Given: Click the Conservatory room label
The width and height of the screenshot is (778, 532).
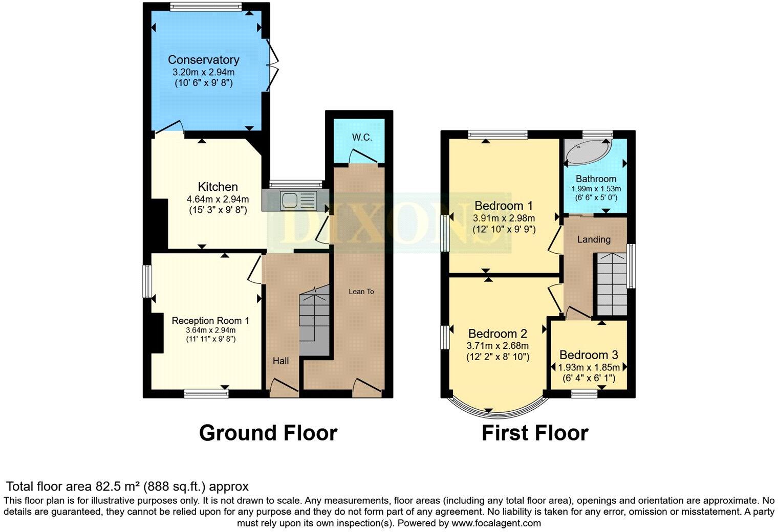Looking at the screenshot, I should [x=203, y=60].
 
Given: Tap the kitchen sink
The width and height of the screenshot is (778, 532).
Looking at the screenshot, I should [x=290, y=200].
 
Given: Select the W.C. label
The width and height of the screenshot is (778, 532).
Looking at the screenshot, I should [x=362, y=138].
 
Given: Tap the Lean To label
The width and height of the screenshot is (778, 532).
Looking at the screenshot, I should [x=361, y=292].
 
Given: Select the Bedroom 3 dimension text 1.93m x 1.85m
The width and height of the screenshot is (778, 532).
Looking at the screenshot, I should [x=588, y=367].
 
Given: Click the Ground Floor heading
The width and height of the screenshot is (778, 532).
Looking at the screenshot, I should [x=268, y=433].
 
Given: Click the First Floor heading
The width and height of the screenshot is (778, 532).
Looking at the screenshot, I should [x=534, y=433].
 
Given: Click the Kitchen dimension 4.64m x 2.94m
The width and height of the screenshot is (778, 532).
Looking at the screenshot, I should [x=218, y=199].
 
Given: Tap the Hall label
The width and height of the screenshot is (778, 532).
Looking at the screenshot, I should [x=280, y=361].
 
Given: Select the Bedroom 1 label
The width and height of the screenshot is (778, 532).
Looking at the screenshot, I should [x=504, y=206].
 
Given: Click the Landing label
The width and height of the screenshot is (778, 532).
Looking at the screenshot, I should [x=594, y=239].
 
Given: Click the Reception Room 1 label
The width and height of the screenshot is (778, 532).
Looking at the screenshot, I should [x=210, y=321].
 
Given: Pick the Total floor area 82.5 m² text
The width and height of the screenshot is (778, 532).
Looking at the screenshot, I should [x=127, y=486].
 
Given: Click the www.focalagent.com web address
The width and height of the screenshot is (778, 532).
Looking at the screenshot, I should [x=495, y=523].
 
